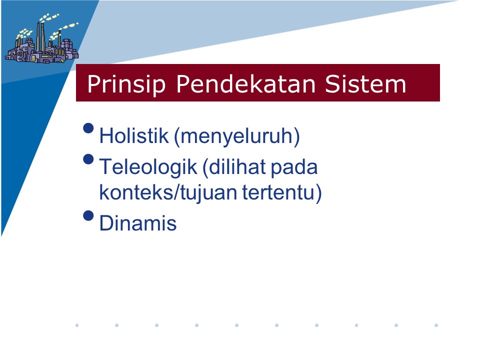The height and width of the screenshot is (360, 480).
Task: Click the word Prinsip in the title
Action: (126, 84)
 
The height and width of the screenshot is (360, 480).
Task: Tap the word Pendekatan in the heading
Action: (246, 83)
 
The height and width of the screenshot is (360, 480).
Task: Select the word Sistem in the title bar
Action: (365, 83)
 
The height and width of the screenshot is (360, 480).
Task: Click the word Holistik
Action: (134, 135)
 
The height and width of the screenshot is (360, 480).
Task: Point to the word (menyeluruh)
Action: (237, 136)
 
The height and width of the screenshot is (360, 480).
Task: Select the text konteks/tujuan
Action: (168, 193)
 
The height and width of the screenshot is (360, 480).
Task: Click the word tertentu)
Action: (282, 193)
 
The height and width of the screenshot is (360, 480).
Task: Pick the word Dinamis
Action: (138, 223)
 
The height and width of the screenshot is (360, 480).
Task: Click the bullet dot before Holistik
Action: (88, 128)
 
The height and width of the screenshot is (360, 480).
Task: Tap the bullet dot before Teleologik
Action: (88, 159)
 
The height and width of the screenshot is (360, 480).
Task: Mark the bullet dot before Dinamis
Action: (88, 215)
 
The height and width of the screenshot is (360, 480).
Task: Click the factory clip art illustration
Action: (41, 38)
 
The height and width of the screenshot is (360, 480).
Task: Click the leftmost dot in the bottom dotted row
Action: (77, 325)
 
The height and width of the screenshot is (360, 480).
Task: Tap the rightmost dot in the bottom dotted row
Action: (436, 325)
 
